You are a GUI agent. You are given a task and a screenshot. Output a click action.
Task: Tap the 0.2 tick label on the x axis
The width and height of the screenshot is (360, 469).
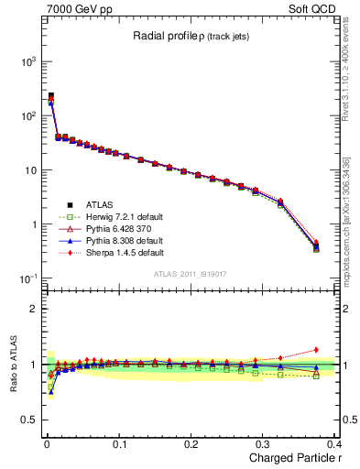click(x=191, y=444)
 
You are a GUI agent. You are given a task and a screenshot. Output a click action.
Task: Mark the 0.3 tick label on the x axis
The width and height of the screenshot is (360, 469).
click(x=263, y=444)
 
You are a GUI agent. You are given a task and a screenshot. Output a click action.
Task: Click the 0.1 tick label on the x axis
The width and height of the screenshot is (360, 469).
click(x=119, y=444)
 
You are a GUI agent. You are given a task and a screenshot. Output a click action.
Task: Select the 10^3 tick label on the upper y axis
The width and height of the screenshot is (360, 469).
click(x=27, y=61)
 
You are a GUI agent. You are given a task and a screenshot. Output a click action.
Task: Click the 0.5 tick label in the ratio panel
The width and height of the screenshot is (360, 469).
click(x=29, y=421)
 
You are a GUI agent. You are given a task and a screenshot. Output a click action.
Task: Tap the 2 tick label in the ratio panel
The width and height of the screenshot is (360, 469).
click(x=34, y=309)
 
